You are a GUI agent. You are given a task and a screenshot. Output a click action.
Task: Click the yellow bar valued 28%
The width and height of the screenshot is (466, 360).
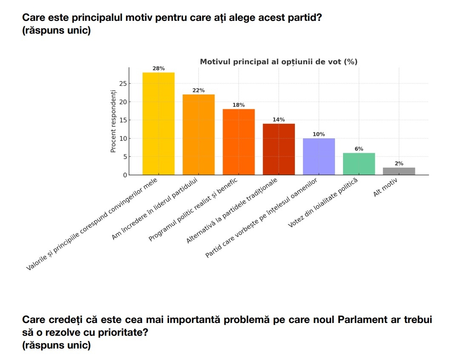158,123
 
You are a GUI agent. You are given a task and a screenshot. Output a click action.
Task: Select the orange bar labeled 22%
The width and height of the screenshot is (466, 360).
198,134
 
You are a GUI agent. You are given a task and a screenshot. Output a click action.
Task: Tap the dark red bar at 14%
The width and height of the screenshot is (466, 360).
279,149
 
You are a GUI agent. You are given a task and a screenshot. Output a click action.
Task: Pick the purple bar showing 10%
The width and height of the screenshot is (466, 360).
319,156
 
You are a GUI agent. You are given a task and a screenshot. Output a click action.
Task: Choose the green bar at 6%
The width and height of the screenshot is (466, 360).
359,164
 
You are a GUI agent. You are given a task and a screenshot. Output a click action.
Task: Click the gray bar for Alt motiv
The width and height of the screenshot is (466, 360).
399,171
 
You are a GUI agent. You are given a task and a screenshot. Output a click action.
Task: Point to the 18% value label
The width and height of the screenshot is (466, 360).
239,105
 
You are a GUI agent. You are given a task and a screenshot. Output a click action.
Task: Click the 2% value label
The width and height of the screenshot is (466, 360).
399,163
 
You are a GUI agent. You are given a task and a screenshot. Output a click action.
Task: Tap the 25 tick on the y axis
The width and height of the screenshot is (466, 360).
123,83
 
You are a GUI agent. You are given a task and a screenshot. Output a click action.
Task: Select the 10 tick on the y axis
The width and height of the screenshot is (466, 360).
123,138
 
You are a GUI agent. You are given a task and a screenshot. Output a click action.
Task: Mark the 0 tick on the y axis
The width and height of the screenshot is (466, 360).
125,175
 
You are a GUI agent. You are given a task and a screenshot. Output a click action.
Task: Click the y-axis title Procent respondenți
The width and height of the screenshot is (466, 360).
113,121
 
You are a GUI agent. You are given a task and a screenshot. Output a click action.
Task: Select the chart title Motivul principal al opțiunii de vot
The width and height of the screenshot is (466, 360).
279,62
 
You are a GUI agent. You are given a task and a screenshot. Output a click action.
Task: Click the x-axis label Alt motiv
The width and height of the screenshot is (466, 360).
385,187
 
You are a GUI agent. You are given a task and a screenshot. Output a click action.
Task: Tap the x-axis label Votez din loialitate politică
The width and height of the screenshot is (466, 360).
323,203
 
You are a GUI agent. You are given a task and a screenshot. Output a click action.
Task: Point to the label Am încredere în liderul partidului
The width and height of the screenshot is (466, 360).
154,209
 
